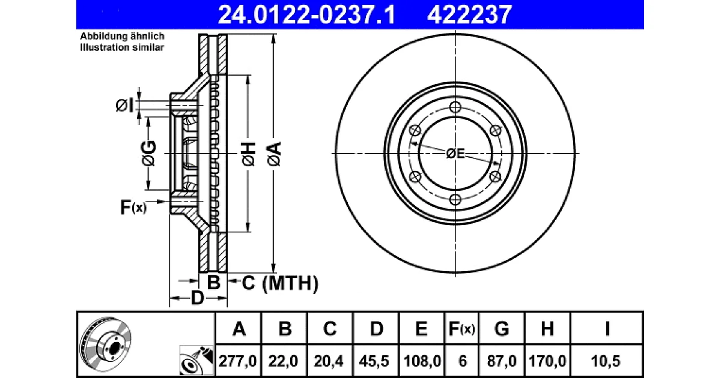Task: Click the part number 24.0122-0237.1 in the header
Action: click(306, 15)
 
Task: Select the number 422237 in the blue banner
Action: click(470, 15)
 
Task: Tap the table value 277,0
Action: click(237, 361)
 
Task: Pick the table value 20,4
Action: click(329, 361)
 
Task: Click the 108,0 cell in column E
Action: click(422, 361)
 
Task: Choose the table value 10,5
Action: click(606, 361)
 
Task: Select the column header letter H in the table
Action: click(547, 329)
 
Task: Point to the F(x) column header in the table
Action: click(461, 329)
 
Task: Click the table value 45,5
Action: click(374, 361)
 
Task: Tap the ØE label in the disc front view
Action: click(455, 154)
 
